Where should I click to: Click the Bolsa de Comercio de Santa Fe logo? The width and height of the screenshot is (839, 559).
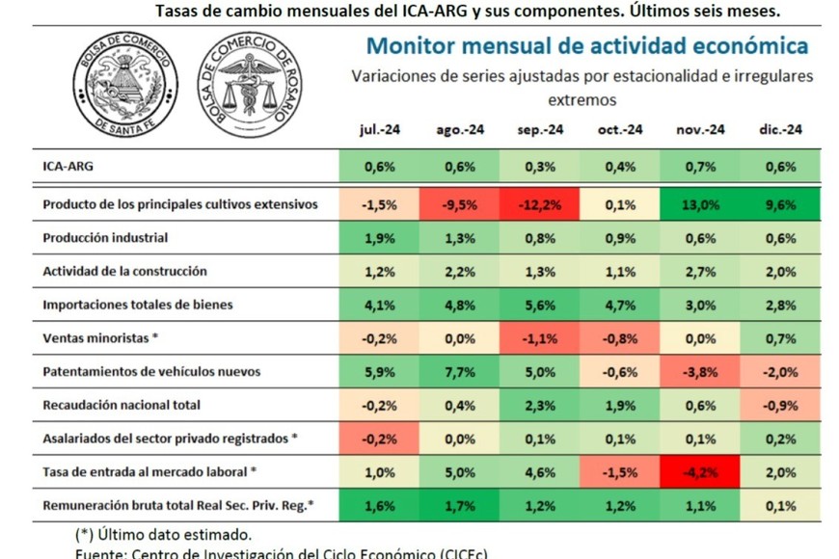click(125, 83)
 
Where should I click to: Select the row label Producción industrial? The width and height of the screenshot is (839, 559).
click(106, 238)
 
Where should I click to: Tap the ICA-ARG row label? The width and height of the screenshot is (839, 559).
click(68, 166)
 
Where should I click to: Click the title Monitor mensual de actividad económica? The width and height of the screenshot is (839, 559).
click(587, 46)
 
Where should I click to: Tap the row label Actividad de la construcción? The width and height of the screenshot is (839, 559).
click(125, 271)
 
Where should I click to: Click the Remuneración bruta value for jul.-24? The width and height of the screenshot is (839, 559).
click(379, 505)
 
